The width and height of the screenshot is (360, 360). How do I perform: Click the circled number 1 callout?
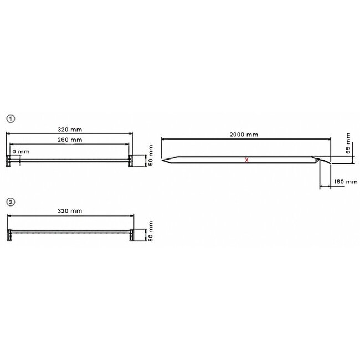click(x=10, y=119)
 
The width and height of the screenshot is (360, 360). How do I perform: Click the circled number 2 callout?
click(x=10, y=201)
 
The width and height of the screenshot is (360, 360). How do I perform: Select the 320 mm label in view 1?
click(x=70, y=128)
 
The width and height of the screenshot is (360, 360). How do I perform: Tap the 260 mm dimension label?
click(x=70, y=140)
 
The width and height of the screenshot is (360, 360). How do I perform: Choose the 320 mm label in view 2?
click(x=70, y=210)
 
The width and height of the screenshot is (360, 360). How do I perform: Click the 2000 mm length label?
click(x=244, y=135)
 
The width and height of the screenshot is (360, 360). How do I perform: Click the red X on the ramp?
click(x=247, y=160)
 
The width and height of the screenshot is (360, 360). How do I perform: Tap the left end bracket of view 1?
click(x=9, y=161)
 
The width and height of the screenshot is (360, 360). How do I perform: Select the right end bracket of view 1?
click(x=131, y=161)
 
